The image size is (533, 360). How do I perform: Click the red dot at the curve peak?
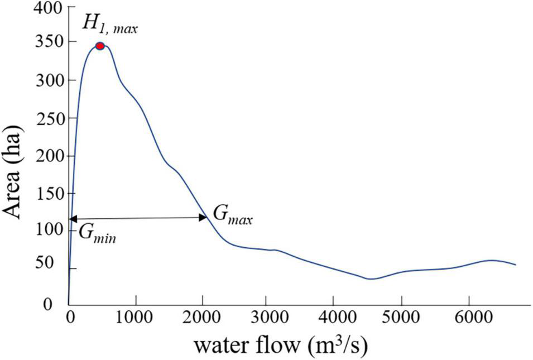[100, 46]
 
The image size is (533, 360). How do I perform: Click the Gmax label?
[232, 215]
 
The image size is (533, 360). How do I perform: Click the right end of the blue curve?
[515, 265]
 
